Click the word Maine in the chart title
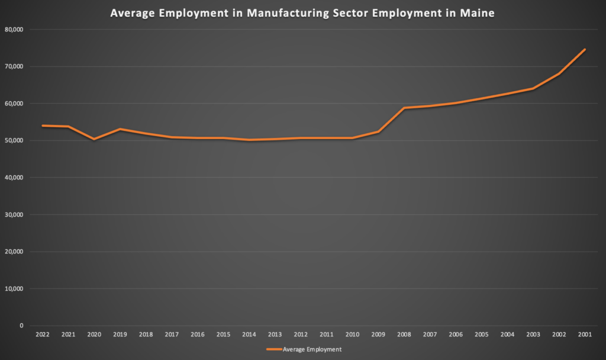tap(479, 13)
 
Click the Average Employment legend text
tap(312, 349)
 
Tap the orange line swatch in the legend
tap(273, 349)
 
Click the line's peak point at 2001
tap(585, 49)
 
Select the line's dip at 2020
tap(94, 139)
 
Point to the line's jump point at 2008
tap(404, 108)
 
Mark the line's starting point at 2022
tap(43, 126)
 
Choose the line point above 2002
tap(559, 73)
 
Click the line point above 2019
tap(120, 129)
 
